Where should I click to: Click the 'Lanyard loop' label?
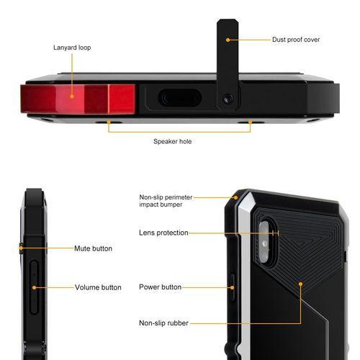pos(72,48)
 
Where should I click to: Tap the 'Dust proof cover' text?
pos(296,40)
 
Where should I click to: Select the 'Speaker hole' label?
pos(173,141)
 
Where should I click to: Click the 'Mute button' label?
pos(93,248)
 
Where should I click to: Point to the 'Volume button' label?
pos(98,287)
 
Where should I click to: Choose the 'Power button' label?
pos(160,287)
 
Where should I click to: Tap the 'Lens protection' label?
pos(163,233)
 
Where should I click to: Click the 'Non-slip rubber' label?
pos(163,323)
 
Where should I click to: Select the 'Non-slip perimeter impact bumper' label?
pos(166,201)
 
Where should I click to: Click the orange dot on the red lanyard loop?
pos(72,96)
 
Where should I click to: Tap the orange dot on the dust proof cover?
pos(228,40)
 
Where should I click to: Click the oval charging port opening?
pos(180,98)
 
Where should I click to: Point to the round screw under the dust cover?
pos(228,99)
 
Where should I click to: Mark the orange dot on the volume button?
pos(34,287)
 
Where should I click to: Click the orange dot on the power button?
pos(232,287)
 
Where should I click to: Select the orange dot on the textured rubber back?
pos(300,284)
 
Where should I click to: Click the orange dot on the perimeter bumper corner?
pos(236,197)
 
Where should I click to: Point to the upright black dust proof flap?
pos(228,64)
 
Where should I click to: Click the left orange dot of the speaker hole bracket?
pos(109,122)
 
